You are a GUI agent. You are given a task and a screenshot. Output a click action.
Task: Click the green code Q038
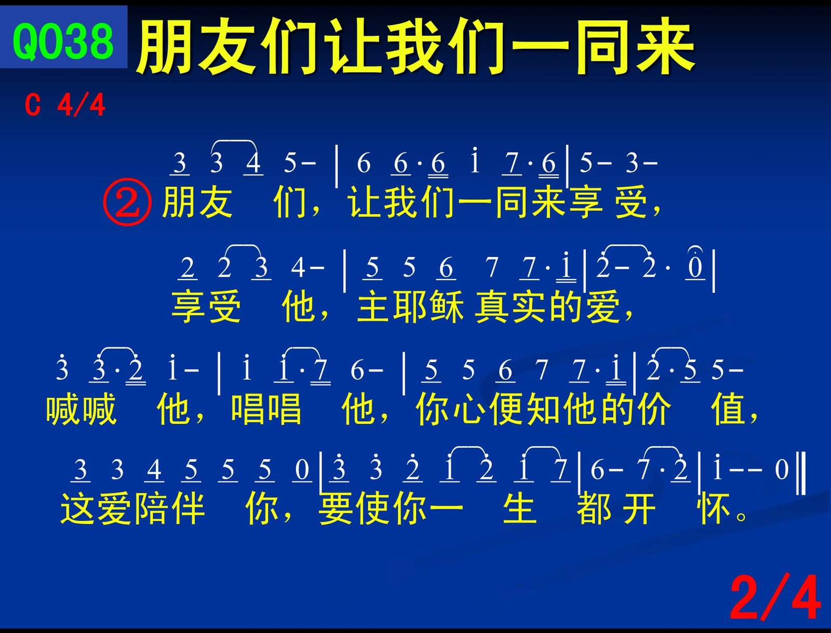click(x=63, y=41)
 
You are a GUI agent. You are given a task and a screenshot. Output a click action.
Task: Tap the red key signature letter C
click(x=33, y=105)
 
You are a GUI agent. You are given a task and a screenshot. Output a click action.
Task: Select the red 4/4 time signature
click(x=81, y=105)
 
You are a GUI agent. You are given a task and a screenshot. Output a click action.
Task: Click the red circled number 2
click(x=127, y=202)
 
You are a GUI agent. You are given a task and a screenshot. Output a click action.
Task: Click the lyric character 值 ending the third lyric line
click(x=728, y=409)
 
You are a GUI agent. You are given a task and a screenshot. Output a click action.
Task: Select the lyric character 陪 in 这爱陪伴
click(x=151, y=508)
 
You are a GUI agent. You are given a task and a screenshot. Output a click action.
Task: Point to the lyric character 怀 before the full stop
click(x=714, y=508)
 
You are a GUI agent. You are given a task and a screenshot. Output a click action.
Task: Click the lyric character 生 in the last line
click(x=519, y=508)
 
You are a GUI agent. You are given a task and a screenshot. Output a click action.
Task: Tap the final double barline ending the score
click(x=801, y=473)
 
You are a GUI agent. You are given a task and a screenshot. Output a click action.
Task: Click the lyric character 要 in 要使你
click(x=336, y=508)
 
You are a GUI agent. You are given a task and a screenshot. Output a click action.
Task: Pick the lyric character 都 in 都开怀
click(x=594, y=508)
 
